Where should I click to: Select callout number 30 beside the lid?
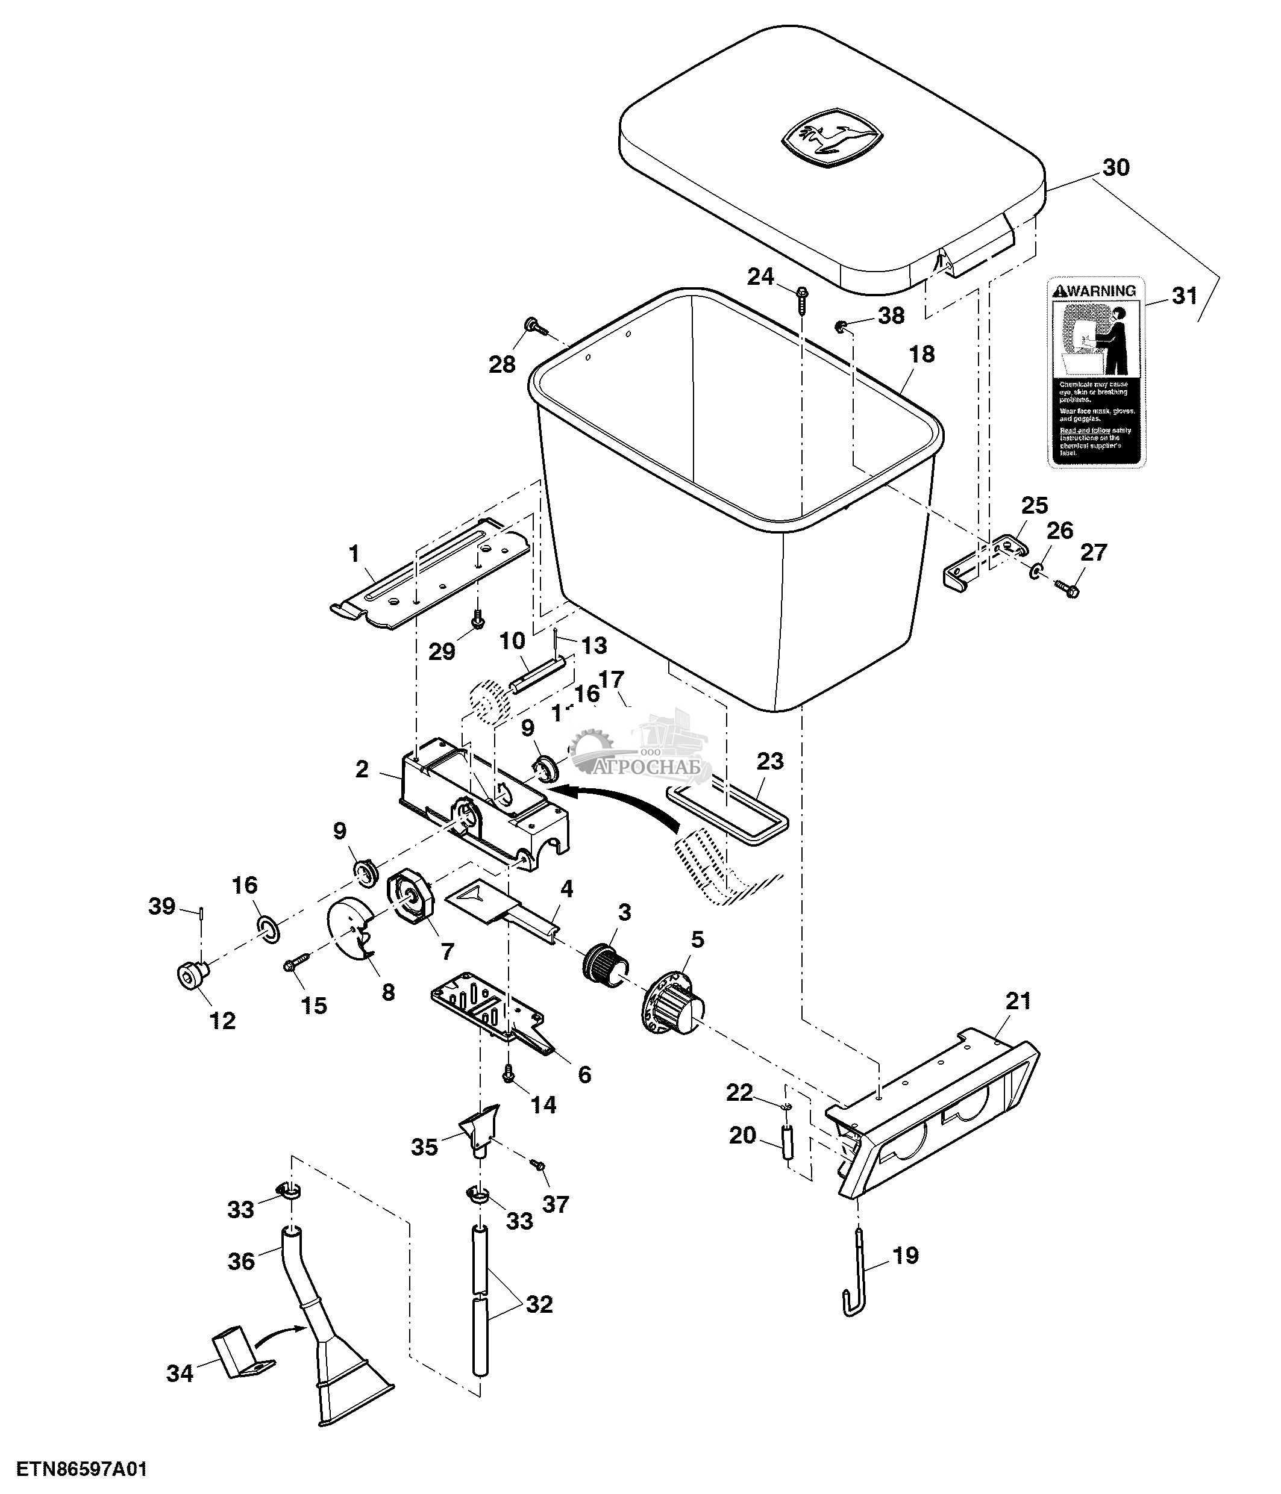pos(1115,168)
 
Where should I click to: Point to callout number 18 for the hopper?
pos(921,354)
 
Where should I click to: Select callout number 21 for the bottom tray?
pos(1018,1001)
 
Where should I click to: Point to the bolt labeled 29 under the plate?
pos(477,618)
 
